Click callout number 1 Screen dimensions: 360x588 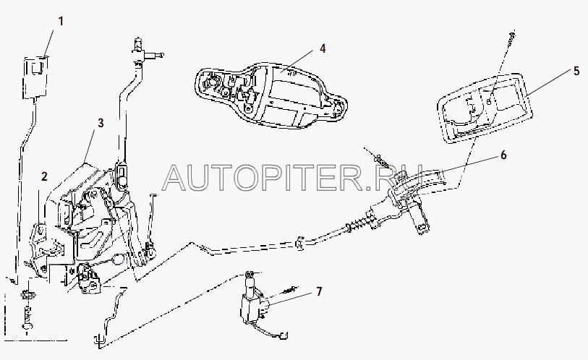[x=61, y=21]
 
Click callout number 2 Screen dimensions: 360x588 [x=45, y=176]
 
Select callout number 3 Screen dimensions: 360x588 [x=101, y=124]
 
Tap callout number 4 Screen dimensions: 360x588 [x=323, y=48]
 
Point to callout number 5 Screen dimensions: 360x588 [x=576, y=71]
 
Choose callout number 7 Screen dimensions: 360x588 [x=318, y=291]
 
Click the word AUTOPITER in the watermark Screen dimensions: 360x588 [x=260, y=176]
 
